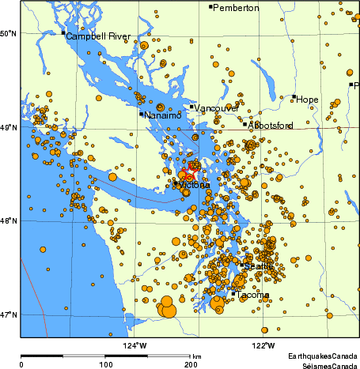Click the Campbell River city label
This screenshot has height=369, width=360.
[99, 36]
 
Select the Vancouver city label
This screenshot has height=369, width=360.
[216, 107]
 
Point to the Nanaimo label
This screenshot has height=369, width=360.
[163, 115]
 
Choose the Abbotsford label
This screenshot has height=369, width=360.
[271, 126]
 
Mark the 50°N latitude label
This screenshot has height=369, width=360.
[9, 33]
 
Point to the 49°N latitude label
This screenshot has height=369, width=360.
[9, 127]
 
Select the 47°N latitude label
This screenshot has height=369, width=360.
[9, 315]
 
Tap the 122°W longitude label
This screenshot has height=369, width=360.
[263, 345]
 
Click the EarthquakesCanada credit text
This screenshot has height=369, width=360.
[322, 356]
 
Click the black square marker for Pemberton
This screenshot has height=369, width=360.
[211, 6]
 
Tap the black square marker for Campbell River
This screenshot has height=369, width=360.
[63, 33]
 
